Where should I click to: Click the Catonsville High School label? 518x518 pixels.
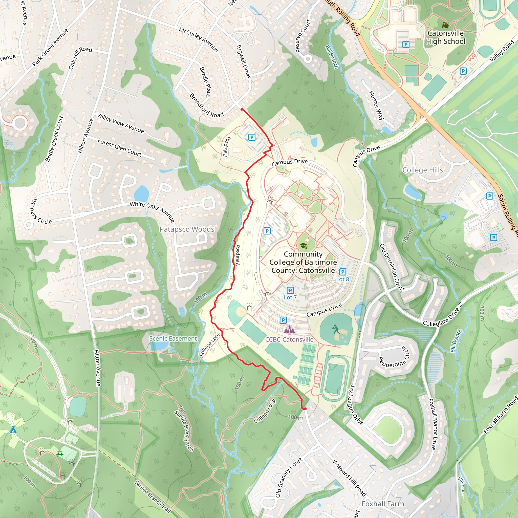(x=446, y=37)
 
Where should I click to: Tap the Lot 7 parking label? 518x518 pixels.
(x=290, y=297)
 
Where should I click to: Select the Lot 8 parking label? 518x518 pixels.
(x=342, y=279)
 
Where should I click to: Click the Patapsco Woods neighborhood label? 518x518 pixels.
(x=187, y=229)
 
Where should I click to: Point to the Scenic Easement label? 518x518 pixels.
(x=173, y=339)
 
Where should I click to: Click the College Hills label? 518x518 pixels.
(x=423, y=170)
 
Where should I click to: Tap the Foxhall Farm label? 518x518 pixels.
(x=383, y=504)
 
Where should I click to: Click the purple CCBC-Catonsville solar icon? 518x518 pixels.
(x=289, y=330)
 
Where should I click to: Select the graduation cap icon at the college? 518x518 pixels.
(x=303, y=246)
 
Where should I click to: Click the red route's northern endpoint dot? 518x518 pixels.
(x=242, y=109)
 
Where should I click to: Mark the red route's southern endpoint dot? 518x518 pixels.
(x=305, y=409)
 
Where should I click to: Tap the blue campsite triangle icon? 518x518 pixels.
(x=13, y=430)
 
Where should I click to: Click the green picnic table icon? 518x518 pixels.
(x=60, y=454)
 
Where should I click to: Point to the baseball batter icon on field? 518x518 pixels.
(x=335, y=329)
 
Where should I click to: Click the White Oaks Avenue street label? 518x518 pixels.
(x=152, y=212)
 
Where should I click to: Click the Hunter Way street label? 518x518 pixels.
(x=376, y=105)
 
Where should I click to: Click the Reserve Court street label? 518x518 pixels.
(x=303, y=36)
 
